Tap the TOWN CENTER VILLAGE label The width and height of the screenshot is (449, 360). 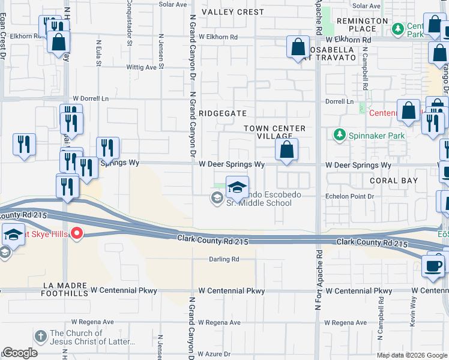click(x=275, y=133)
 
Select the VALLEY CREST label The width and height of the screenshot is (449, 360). click(x=232, y=12)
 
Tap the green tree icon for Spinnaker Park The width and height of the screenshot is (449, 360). click(x=340, y=135)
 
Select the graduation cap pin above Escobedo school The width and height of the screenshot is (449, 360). click(x=237, y=187)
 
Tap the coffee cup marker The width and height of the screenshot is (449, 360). click(x=434, y=265)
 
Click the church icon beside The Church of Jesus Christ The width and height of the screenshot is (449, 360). click(x=40, y=337)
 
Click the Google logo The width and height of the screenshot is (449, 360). click(x=20, y=353)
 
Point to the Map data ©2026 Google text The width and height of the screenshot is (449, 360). click(x=411, y=355)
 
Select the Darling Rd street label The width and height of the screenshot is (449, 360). click(x=224, y=259)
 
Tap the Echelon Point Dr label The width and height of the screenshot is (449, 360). click(x=349, y=196)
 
